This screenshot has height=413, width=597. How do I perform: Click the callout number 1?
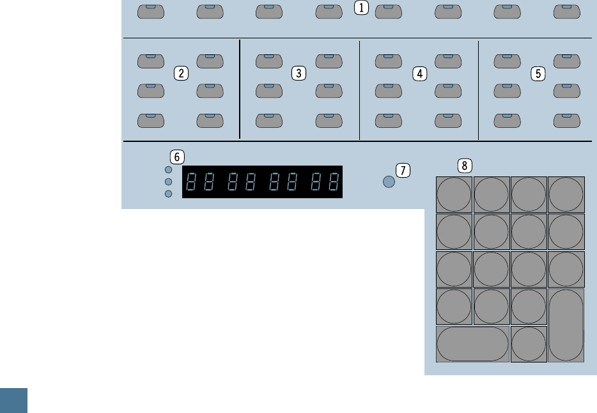[x=362, y=8]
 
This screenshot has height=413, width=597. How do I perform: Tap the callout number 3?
[x=298, y=73]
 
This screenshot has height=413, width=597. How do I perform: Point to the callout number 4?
[x=419, y=74]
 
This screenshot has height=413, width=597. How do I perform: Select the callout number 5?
[x=538, y=74]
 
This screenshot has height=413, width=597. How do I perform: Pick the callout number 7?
[x=403, y=170]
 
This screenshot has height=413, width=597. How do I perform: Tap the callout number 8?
[x=465, y=166]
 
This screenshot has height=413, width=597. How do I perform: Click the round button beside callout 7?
[x=389, y=182]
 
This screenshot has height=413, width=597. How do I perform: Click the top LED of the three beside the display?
[x=169, y=170]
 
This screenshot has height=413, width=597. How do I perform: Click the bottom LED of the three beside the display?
[x=169, y=194]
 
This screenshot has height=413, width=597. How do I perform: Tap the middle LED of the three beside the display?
[x=169, y=182]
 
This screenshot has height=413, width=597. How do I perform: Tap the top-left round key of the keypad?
[x=454, y=194]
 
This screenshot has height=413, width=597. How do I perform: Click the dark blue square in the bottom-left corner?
[x=13, y=400]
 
